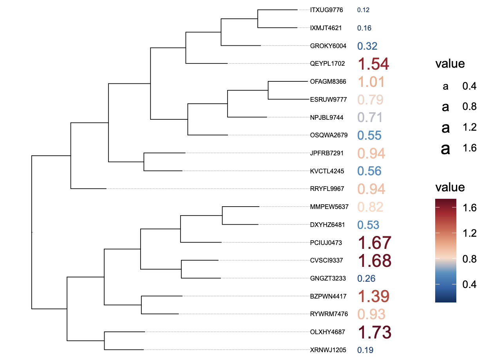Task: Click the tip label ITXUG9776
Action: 326,10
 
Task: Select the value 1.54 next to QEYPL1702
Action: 373,64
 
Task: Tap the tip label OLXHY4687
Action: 327,332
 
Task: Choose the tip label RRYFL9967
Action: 327,189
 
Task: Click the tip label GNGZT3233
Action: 328,279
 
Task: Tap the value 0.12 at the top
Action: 363,10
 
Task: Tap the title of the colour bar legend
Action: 450,187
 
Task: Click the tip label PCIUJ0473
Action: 326,243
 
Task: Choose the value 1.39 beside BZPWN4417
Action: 373,297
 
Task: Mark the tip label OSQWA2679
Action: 329,135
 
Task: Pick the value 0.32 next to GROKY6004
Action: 367,46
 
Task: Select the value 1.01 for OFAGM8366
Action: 371,82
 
